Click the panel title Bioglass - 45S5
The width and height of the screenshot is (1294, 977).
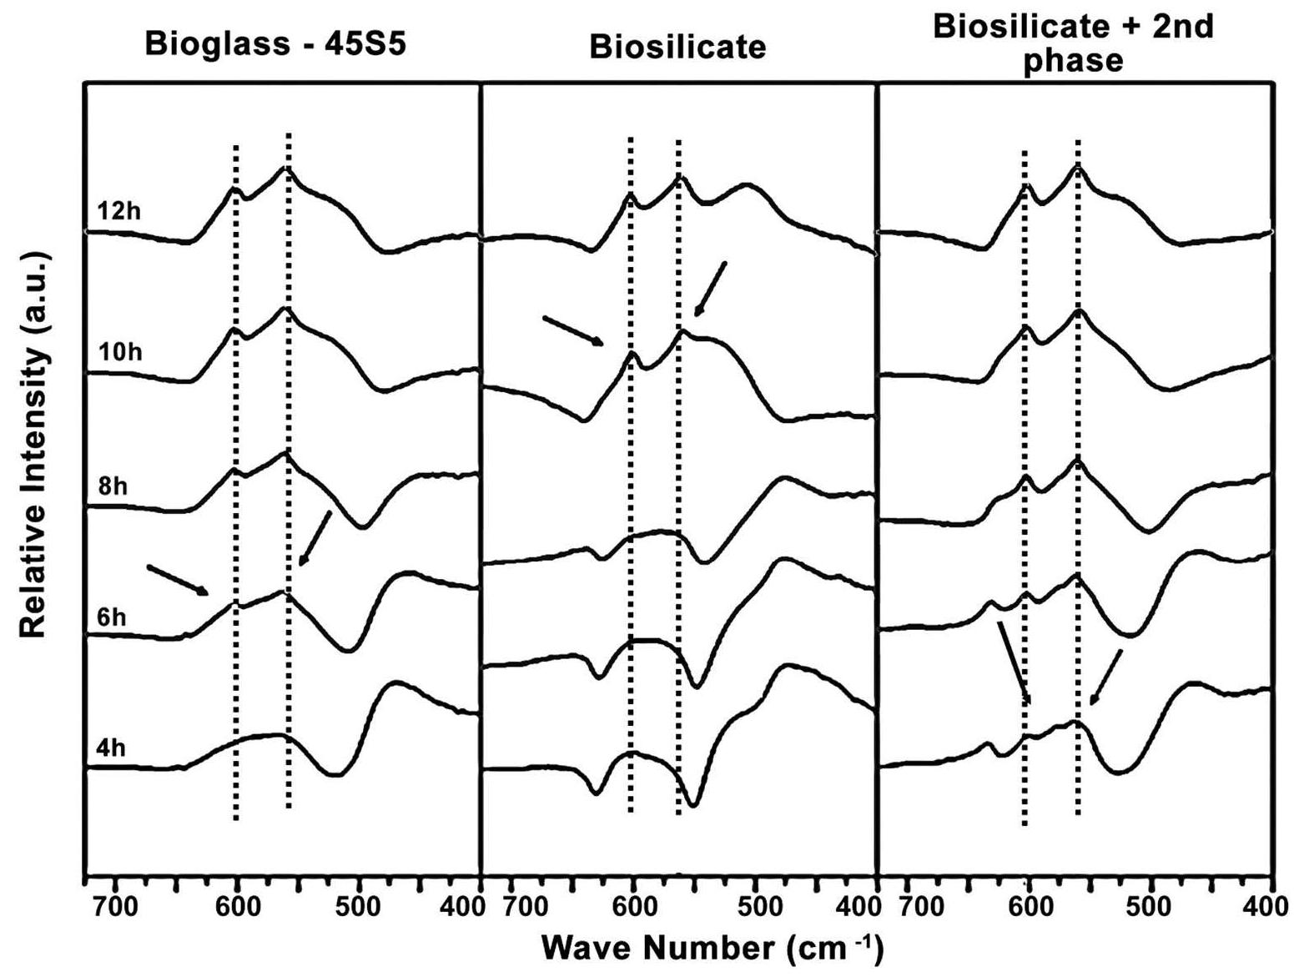[275, 43]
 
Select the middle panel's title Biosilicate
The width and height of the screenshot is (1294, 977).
[677, 48]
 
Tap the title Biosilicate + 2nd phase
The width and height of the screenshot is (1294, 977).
[1073, 43]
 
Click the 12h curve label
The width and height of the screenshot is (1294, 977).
[118, 211]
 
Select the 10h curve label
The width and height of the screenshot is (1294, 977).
[120, 352]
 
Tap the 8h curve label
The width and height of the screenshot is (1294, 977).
[113, 486]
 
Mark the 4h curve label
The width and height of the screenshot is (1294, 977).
[111, 748]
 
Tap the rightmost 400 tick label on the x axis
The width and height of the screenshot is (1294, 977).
[1270, 905]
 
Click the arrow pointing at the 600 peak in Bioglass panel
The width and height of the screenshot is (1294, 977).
[178, 581]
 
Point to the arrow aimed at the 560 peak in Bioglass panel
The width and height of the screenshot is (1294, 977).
[315, 538]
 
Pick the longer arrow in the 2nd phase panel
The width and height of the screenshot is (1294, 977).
[1014, 662]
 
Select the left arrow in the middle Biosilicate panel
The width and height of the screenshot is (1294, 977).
[573, 330]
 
